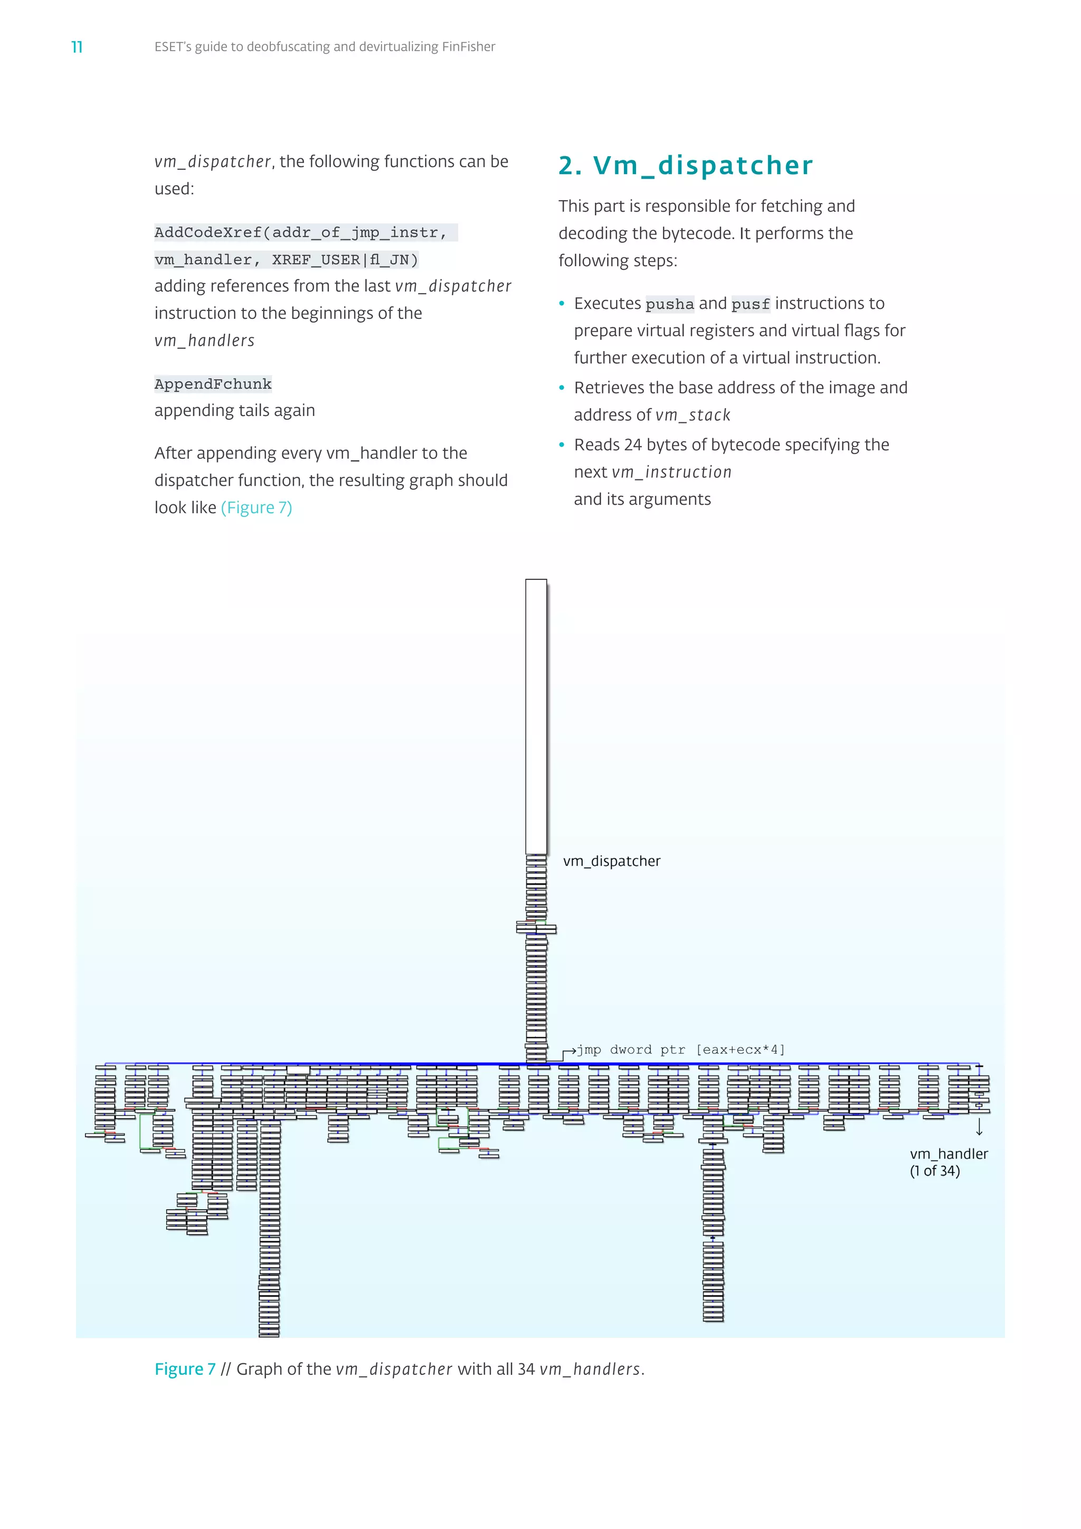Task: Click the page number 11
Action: tap(77, 46)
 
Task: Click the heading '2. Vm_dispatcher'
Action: tap(686, 165)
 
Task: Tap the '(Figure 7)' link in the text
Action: tap(257, 507)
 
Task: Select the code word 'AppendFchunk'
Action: tap(213, 384)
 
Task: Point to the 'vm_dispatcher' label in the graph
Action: tap(612, 861)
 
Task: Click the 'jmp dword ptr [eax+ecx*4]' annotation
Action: tap(680, 1050)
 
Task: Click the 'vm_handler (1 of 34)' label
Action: tap(949, 1162)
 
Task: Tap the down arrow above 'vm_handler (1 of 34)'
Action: tap(979, 1127)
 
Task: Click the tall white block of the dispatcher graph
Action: tap(536, 716)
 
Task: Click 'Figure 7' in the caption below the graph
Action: tap(185, 1369)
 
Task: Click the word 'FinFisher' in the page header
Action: tap(469, 46)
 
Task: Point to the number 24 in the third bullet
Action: tap(633, 445)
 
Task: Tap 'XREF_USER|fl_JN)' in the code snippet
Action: tap(345, 260)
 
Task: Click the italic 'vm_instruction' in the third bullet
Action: tap(671, 472)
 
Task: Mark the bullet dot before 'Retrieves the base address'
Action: tap(562, 388)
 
